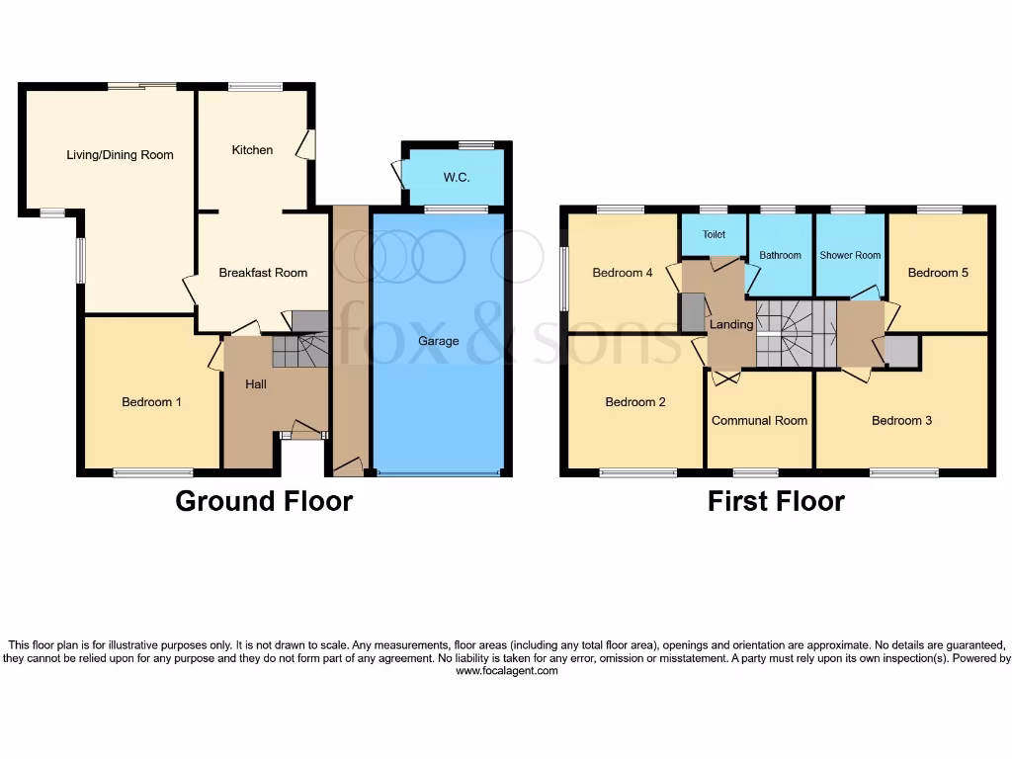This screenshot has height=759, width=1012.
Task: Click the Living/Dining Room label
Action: [120, 155]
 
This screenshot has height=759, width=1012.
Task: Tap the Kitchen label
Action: [252, 150]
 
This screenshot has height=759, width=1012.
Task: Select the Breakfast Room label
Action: [263, 273]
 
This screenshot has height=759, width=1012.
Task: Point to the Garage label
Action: [438, 341]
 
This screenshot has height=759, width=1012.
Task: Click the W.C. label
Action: [456, 178]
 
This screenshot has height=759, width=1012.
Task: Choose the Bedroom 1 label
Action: [151, 402]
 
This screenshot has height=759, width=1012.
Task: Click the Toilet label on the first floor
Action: [714, 235]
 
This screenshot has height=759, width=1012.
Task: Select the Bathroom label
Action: [780, 255]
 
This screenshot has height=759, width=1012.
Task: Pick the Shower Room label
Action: [850, 255]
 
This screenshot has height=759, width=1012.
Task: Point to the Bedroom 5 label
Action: [938, 273]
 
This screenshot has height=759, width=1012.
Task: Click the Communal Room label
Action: [759, 420]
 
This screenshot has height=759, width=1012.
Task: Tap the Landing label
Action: [731, 324]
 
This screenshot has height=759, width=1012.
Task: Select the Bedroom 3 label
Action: [901, 420]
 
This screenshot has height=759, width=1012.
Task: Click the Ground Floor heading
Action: [264, 501]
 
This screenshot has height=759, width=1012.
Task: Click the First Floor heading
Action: [776, 501]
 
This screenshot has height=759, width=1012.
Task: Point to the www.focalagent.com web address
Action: [506, 671]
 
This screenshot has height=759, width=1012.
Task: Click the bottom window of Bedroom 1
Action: [152, 473]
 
